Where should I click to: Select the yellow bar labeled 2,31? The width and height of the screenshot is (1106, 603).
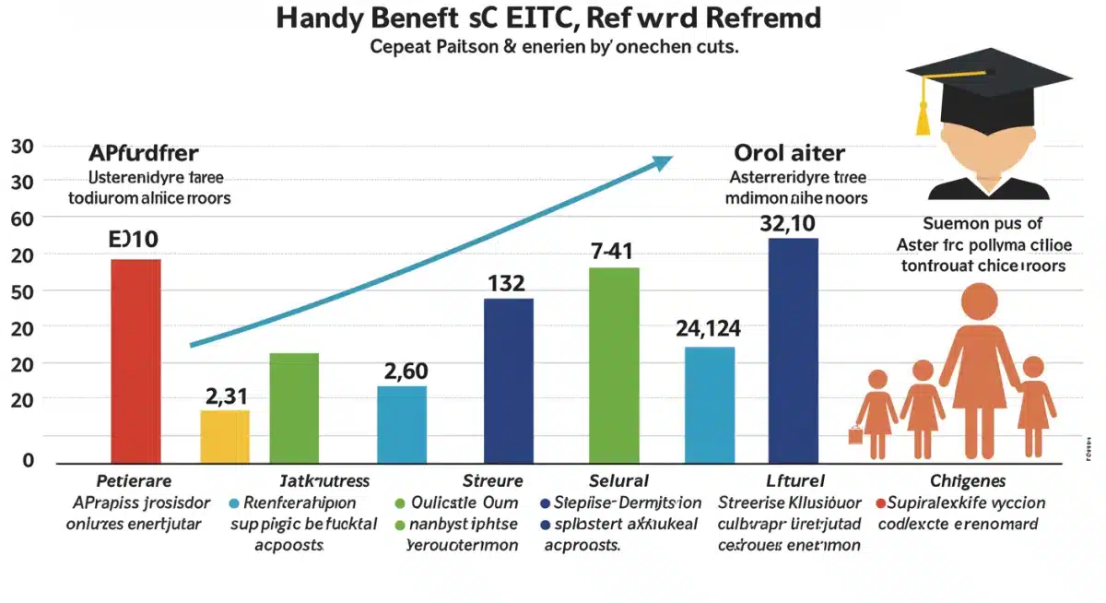[225, 435]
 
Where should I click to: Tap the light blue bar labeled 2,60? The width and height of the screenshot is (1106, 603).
[402, 423]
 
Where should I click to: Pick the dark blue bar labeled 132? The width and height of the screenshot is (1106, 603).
[508, 379]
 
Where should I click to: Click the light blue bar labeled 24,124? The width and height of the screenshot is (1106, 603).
[710, 403]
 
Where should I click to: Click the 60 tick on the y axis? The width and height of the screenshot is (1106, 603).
[21, 219]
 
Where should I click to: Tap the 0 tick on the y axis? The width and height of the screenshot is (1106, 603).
[28, 460]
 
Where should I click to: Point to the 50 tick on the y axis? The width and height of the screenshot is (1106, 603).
[21, 291]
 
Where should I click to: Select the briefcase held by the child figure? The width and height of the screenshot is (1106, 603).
[855, 434]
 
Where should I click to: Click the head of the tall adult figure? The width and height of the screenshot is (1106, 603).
[979, 302]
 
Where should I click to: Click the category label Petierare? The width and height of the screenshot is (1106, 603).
[133, 480]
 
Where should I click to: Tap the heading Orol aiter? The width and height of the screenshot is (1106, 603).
[789, 153]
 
